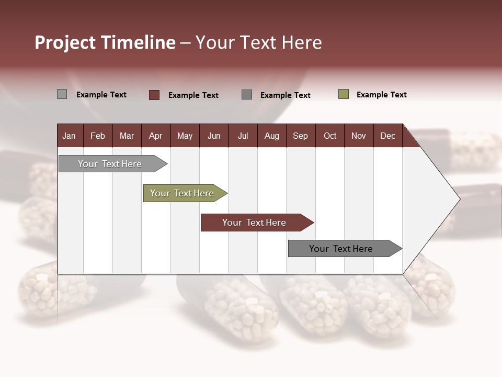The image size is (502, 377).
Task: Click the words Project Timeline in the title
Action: pyautogui.click(x=105, y=42)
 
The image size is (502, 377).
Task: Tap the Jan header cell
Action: pyautogui.click(x=70, y=136)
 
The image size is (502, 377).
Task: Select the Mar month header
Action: pyautogui.click(x=127, y=136)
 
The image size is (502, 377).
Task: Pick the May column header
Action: pyautogui.click(x=185, y=136)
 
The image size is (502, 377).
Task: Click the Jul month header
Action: pyautogui.click(x=243, y=136)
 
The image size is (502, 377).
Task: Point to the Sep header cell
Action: pyautogui.click(x=300, y=136)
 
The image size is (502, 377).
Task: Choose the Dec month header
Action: pyautogui.click(x=387, y=136)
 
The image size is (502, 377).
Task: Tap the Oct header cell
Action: pyautogui.click(x=330, y=136)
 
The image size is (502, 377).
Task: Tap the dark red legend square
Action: pyautogui.click(x=154, y=95)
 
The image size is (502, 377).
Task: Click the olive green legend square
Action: pyautogui.click(x=344, y=94)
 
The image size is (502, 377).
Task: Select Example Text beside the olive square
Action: pyautogui.click(x=381, y=95)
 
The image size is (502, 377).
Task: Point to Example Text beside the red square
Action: pyautogui.click(x=193, y=95)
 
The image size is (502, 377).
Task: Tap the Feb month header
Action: pyautogui.click(x=98, y=136)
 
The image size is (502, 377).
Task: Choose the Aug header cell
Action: pyautogui.click(x=271, y=136)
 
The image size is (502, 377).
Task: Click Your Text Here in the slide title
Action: pyautogui.click(x=258, y=42)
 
